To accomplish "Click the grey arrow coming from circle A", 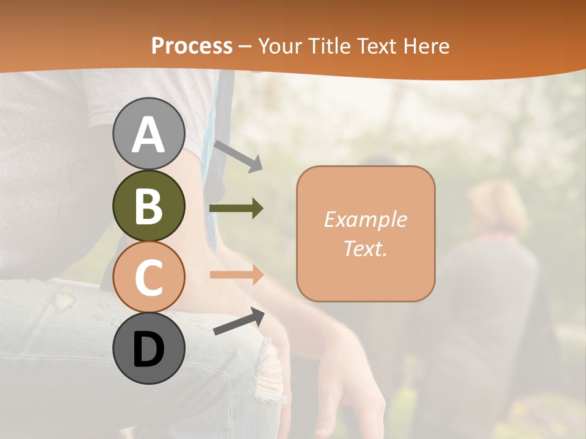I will coord(238,155).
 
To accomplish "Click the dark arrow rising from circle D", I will coord(239,322).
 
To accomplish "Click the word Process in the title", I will coord(192,46).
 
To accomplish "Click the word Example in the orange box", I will coord(365,220).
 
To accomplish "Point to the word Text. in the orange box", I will coord(365,249).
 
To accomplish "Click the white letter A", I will coord(148,134).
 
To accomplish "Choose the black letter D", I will coord(148,349).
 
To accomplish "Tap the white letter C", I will coord(148,277).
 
